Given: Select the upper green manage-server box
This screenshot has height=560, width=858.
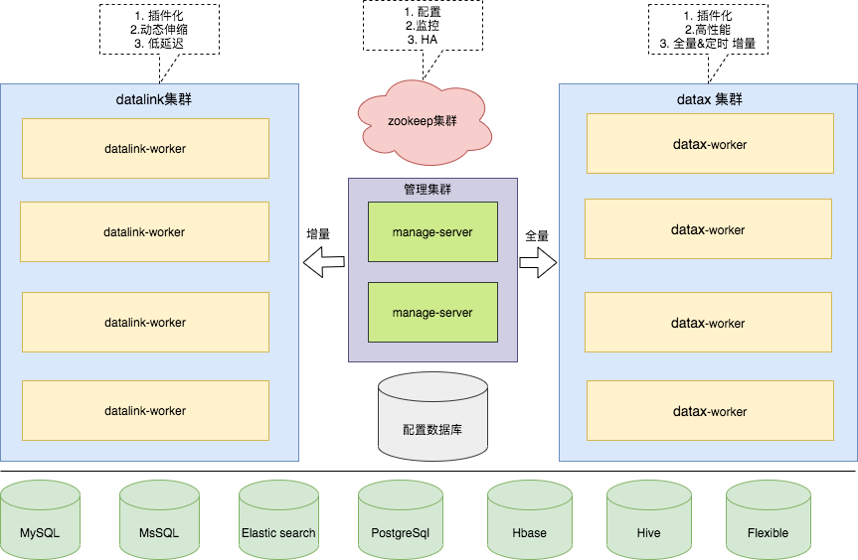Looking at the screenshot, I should pos(431,232).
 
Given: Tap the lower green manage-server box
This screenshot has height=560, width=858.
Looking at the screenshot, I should pos(431,313).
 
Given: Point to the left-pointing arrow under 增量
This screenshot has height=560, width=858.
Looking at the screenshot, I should pos(324,263).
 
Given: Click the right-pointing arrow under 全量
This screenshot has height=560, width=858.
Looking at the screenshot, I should pos(538,263).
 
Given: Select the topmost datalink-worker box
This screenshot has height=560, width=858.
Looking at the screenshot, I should pos(145,149).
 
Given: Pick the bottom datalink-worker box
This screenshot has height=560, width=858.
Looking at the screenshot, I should pos(145,410).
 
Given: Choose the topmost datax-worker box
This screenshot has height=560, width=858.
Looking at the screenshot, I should pos(709,144).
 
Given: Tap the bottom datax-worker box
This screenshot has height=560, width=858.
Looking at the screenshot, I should pos(709,411).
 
